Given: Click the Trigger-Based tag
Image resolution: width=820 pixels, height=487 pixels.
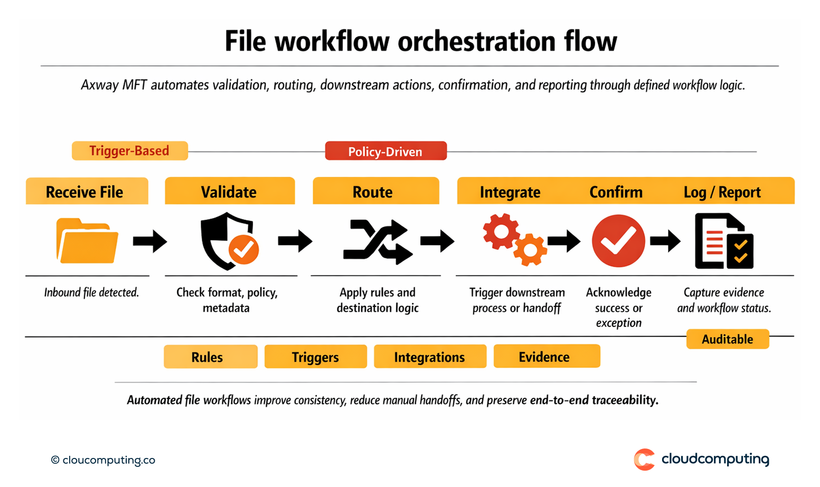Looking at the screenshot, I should point(129,151).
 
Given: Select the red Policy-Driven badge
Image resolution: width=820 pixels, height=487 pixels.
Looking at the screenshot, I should point(385,152).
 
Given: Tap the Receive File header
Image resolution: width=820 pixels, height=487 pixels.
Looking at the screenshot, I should point(87,192).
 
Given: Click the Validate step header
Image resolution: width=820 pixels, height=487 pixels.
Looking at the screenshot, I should point(229,192).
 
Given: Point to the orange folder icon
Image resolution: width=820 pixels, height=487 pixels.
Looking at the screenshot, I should point(87,241).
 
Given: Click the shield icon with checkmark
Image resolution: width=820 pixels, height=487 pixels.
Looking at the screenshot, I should point(228,241).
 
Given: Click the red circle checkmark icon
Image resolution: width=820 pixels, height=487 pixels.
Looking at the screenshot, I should point(618,241).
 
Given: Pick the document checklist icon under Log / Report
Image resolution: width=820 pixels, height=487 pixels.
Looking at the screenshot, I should point(723,241).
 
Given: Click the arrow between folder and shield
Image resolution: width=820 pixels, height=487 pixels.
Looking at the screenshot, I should point(149,241).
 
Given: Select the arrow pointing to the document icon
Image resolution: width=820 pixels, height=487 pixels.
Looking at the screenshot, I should point(665,241).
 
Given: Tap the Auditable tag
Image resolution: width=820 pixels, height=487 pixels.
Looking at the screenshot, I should point(727,339).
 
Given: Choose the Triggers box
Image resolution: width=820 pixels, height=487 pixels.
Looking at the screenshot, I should point(315,357).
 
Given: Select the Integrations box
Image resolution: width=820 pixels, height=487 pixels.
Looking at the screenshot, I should point(430,357).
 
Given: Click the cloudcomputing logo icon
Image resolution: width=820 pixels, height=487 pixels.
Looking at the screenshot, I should point(644,460).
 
